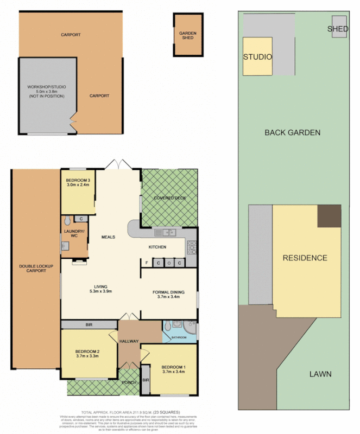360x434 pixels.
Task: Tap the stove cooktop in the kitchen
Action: (x=192, y=247)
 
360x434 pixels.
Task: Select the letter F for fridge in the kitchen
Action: (x=146, y=264)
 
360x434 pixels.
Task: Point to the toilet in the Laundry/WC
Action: (x=66, y=220)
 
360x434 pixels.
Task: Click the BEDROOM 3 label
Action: (x=78, y=180)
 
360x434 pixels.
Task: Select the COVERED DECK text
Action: (x=169, y=198)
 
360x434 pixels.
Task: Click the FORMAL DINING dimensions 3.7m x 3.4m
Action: (x=168, y=297)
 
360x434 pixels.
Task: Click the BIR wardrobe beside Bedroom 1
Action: (x=146, y=380)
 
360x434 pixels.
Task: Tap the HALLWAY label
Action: (x=130, y=341)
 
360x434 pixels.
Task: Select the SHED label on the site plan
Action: (x=338, y=29)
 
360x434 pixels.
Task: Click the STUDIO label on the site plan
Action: (x=257, y=57)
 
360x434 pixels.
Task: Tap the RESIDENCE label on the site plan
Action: (x=305, y=258)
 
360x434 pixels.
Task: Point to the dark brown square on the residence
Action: (x=329, y=216)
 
